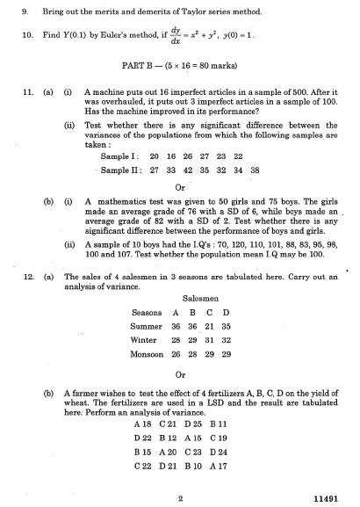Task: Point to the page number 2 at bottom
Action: point(179,497)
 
